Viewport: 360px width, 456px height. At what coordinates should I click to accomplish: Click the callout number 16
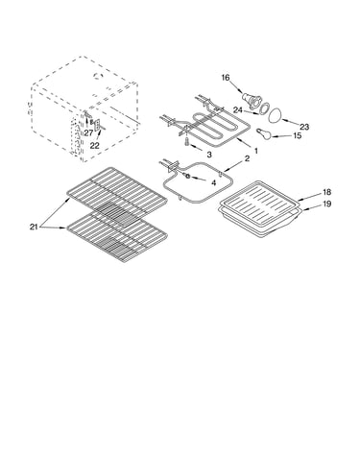coord(226,78)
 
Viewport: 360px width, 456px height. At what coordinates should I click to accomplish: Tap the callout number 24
coord(238,110)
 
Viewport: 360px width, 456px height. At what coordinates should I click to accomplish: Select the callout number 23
coord(304,127)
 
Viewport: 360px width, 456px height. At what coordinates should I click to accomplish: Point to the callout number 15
coord(298,135)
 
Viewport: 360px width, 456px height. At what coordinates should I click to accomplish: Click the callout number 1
coord(256,150)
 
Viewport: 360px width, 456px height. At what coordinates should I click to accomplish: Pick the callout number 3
coord(209,155)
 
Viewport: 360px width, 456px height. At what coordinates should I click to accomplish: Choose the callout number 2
coord(247,158)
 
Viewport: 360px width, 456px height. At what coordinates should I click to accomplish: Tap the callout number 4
coord(213,182)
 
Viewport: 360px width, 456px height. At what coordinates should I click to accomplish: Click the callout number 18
coord(326,192)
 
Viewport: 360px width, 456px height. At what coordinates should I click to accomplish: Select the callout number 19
coord(326,204)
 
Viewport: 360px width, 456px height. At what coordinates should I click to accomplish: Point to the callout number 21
coord(34,227)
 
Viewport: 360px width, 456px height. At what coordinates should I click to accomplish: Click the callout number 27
coord(88,133)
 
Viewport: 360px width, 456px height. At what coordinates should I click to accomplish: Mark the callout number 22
coord(94,146)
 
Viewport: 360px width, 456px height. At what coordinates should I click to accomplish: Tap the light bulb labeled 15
coord(263,132)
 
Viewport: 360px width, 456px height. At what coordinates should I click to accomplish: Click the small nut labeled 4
coord(188,176)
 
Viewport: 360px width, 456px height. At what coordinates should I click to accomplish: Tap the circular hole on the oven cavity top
coord(97,76)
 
